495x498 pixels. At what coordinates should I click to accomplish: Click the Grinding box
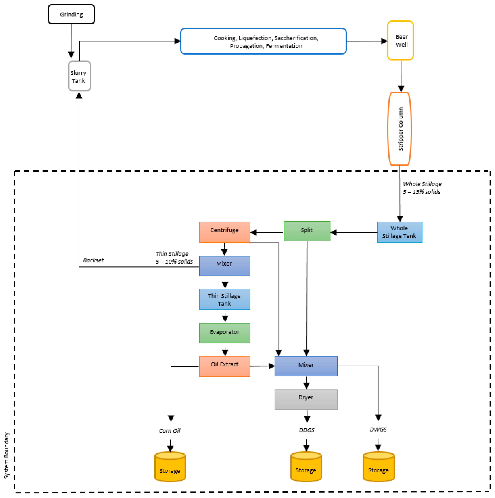coord(71,14)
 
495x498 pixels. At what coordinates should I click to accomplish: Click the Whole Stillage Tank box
coord(399,232)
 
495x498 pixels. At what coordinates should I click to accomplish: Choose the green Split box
coord(307,231)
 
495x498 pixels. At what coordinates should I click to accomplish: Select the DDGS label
coord(306,430)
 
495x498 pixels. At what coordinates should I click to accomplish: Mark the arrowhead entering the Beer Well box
coord(384,41)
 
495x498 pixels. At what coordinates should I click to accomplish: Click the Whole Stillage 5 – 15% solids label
coord(422,188)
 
